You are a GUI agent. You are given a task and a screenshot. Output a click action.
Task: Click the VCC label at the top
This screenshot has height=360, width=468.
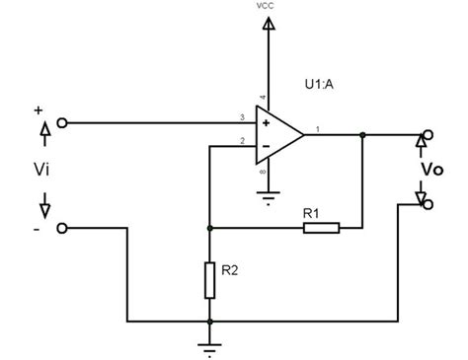(265, 7)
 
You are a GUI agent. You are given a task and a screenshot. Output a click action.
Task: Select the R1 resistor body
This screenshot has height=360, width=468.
(322, 228)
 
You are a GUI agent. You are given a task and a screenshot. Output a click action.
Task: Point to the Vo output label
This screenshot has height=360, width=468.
(430, 170)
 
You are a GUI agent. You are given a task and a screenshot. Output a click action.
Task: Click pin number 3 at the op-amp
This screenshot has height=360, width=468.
(242, 117)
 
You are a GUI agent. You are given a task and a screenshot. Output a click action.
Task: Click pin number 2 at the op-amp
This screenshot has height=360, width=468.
(242, 142)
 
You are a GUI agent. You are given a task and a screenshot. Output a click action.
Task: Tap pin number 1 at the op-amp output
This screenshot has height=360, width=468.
(316, 127)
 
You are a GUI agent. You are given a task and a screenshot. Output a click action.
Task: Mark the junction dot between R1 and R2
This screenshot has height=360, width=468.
(209, 228)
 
